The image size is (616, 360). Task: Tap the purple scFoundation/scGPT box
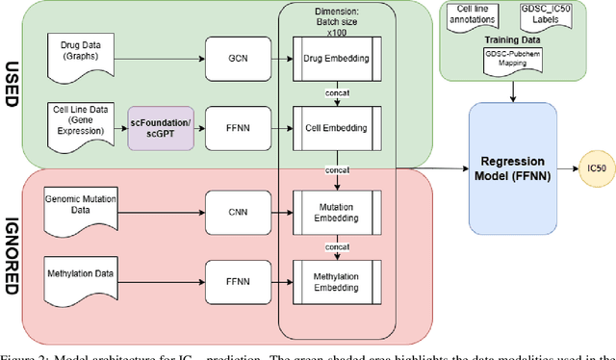161,127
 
